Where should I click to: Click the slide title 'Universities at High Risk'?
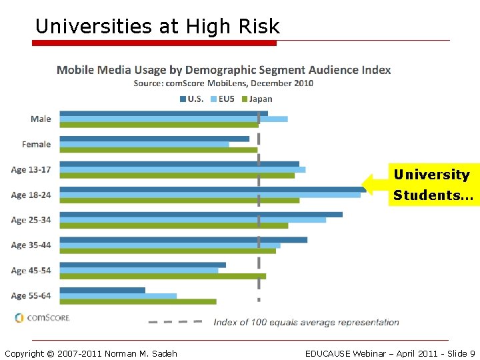(x=157, y=26)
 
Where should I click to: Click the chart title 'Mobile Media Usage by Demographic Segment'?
(x=223, y=70)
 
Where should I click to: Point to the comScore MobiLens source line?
(x=223, y=83)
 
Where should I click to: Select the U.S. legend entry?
(x=192, y=99)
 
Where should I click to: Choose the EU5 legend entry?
(x=223, y=99)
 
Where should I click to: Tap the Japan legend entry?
(x=257, y=99)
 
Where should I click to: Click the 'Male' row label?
(x=41, y=119)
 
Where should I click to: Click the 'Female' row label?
(x=36, y=144)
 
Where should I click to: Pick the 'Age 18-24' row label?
(x=31, y=195)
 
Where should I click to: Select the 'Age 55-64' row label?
(x=31, y=295)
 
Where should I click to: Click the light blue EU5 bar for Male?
(x=173, y=119)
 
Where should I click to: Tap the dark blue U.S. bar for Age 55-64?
(x=102, y=290)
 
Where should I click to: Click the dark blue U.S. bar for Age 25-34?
(x=201, y=214)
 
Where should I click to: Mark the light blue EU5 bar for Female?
(x=144, y=145)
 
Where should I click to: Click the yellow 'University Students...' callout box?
(x=433, y=185)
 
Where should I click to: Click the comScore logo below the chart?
(x=42, y=318)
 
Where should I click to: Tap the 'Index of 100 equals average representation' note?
(x=306, y=322)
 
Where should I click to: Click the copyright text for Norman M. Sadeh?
(x=91, y=353)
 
